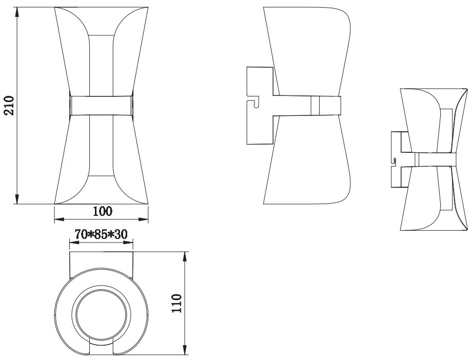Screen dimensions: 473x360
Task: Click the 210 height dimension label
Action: [x=10, y=105]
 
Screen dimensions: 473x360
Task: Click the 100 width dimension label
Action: [x=103, y=211]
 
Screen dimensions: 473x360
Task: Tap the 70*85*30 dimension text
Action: [x=102, y=234]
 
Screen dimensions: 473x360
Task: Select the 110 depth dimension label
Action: [x=178, y=303]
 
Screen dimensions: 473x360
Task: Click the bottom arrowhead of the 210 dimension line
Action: [x=17, y=198]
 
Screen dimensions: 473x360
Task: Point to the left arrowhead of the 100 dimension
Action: [x=60, y=219]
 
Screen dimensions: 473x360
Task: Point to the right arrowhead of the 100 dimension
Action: [x=143, y=219]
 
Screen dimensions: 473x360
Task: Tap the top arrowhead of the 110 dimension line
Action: [x=185, y=257]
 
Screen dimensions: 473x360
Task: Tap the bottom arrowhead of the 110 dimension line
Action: [x=185, y=349]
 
